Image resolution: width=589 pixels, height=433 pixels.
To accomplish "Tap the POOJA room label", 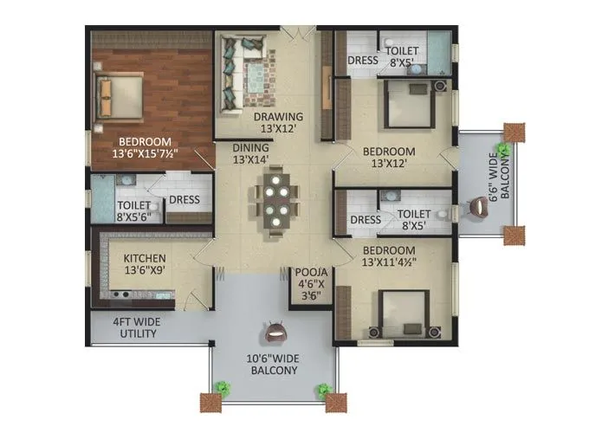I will pos(308,282).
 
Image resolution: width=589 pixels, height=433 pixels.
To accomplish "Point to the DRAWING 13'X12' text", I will pos(278,124).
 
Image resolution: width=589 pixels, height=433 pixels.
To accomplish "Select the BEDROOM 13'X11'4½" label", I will pos(387,255).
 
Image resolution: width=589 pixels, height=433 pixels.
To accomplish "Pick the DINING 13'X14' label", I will pos(250,153).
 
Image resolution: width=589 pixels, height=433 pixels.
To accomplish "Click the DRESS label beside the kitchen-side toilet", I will pos(184,200).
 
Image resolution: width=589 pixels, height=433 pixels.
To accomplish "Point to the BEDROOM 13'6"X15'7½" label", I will pos(146,148).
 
